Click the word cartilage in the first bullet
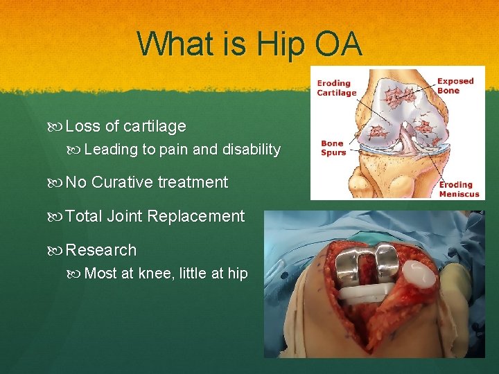pyautogui.click(x=155, y=126)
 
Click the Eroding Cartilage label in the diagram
pyautogui.click(x=336, y=88)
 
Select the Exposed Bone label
pyautogui.click(x=455, y=85)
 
